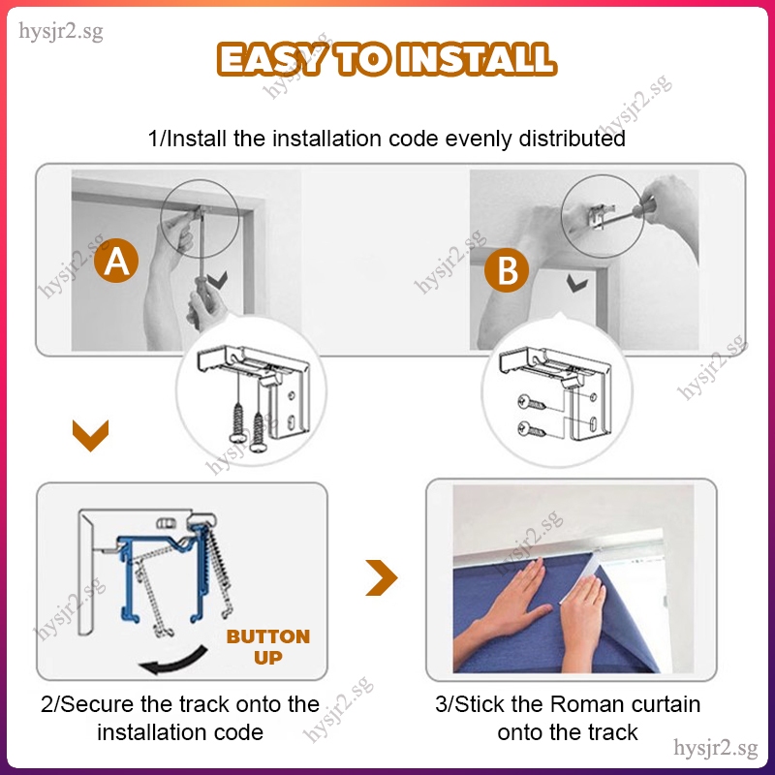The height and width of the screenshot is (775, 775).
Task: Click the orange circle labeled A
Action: click(116, 261)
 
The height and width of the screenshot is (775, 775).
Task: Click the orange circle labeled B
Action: click(507, 270)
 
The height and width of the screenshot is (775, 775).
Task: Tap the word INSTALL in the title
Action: click(477, 59)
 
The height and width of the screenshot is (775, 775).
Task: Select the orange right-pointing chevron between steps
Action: click(382, 577)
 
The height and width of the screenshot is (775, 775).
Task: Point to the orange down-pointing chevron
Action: click(90, 435)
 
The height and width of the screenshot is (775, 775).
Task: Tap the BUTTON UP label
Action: click(268, 646)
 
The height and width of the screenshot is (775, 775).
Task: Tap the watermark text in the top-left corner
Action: click(61, 32)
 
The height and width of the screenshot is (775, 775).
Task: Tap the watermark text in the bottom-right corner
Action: click(715, 748)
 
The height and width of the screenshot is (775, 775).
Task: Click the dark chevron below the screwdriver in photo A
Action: click(217, 280)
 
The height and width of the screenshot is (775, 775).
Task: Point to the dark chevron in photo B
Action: click(576, 284)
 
